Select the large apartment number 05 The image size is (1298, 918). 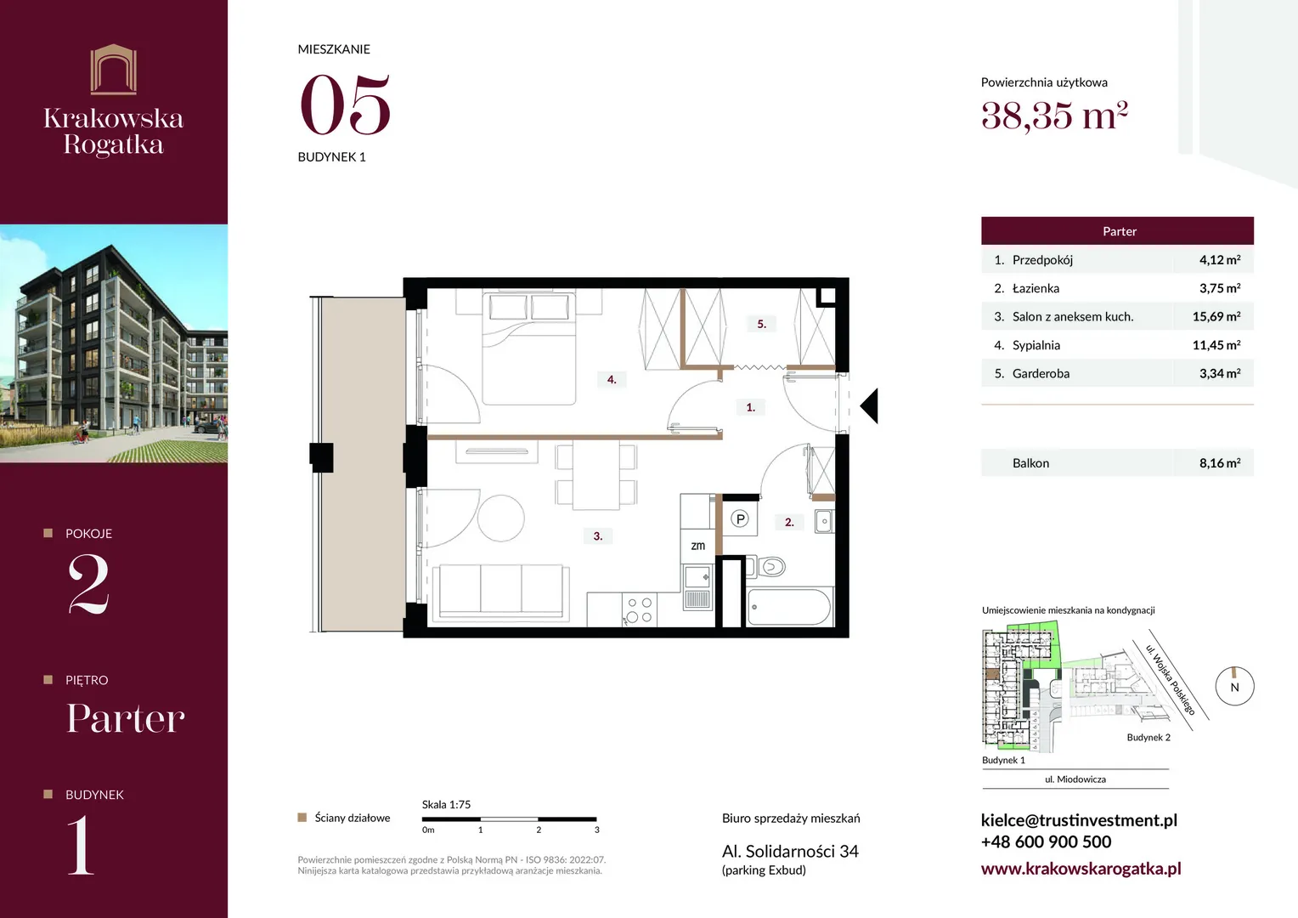(346, 105)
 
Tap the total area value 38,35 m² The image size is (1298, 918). (1054, 116)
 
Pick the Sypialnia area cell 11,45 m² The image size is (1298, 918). (1216, 345)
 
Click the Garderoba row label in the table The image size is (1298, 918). (1041, 373)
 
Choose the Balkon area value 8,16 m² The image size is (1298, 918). (1220, 462)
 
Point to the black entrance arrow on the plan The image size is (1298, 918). (869, 405)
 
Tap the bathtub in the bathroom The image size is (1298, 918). (789, 607)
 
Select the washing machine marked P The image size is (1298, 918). (740, 518)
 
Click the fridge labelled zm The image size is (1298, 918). (697, 546)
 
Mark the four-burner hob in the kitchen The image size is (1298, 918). (639, 610)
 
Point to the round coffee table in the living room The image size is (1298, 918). (500, 518)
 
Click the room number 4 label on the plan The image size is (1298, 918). (612, 380)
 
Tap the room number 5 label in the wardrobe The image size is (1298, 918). (761, 324)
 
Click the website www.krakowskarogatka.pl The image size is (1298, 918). (1081, 868)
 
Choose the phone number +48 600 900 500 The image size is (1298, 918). (1046, 841)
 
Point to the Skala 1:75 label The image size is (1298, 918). (446, 804)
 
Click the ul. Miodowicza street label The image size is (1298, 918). (1075, 779)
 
